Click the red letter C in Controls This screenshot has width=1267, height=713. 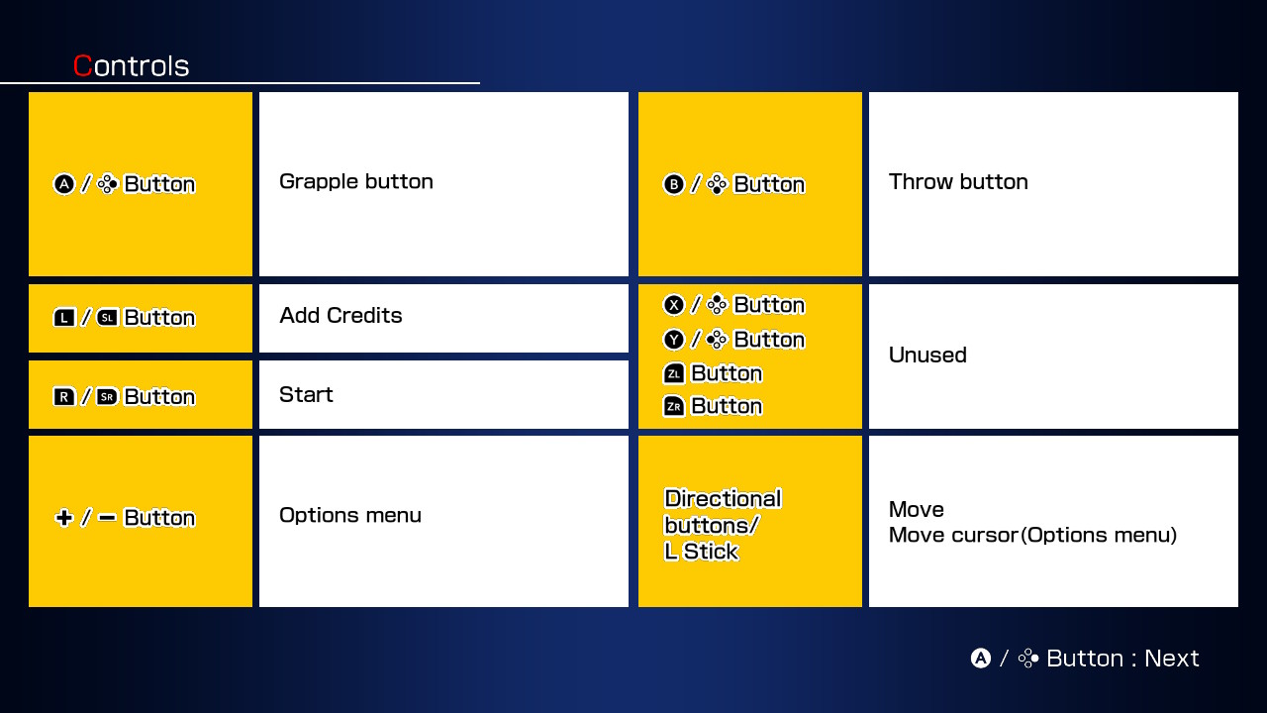82,65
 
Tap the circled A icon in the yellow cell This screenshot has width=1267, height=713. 64,184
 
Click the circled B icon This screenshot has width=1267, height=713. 674,184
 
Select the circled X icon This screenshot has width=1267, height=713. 674,305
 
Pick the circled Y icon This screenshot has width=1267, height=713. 674,340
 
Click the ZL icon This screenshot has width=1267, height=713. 674,373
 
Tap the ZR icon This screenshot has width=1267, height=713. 674,406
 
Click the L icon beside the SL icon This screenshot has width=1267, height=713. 64,318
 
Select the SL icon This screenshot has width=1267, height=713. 108,318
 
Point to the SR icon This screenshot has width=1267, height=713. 108,397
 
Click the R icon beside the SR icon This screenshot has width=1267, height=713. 64,397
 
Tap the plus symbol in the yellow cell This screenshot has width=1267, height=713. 64,517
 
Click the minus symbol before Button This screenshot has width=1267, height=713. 107,517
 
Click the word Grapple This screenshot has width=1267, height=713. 319,182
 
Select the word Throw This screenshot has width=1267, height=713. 921,181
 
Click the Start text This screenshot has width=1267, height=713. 306,394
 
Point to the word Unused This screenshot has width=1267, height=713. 927,355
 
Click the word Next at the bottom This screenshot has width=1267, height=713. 1171,659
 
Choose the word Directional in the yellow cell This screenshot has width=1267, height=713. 723,498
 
